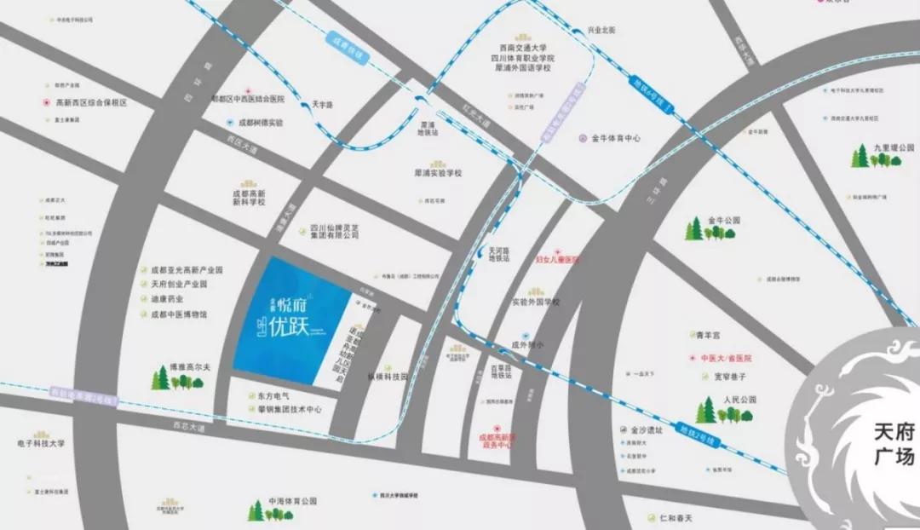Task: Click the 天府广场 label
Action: coord(894,447)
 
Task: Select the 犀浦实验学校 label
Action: coord(437,173)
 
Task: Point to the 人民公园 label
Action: coord(739,399)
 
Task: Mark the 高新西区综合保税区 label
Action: coord(91,102)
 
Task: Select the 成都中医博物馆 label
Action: coord(179,314)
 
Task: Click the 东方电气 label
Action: coord(273,396)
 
